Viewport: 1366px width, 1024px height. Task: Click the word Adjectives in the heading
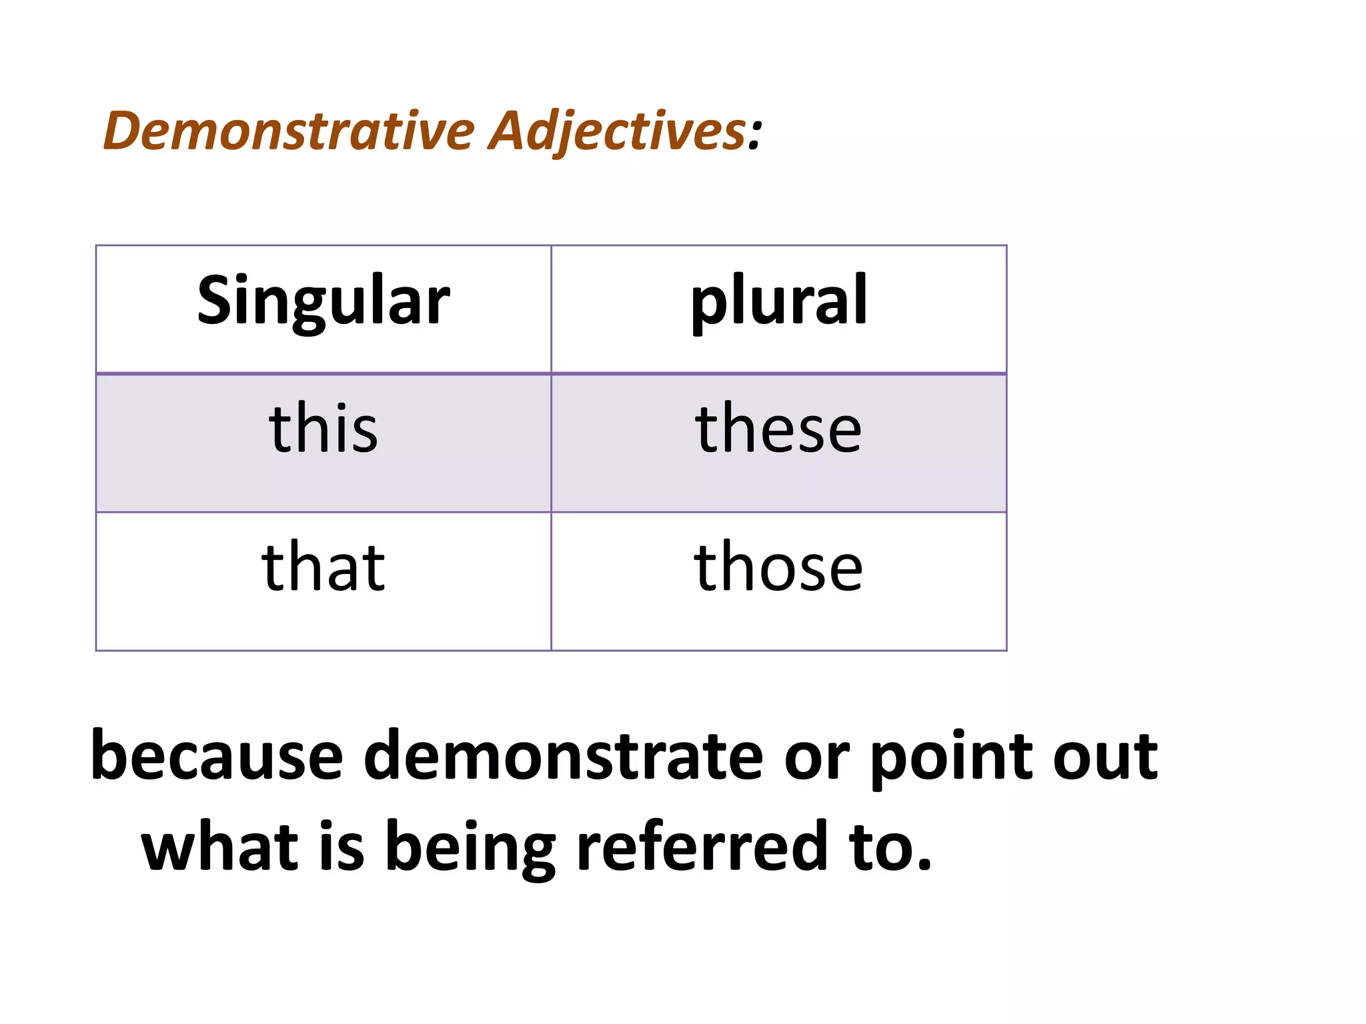coord(617,131)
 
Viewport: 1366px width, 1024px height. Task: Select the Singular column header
coord(323,301)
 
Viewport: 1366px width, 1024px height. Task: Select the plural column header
coord(778,301)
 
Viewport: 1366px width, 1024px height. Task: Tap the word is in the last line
coord(342,845)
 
